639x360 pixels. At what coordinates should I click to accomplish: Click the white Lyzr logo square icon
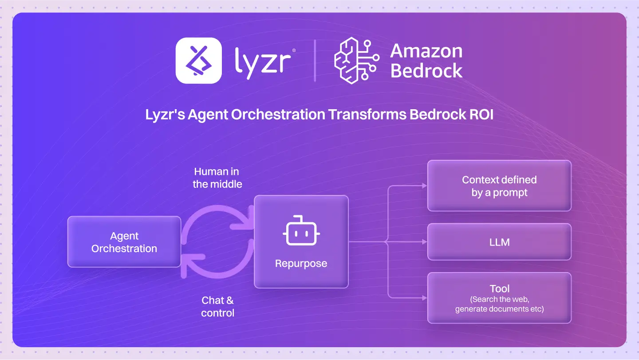(x=198, y=60)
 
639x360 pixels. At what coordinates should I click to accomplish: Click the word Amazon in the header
(x=426, y=51)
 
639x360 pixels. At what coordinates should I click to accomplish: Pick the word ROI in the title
(x=481, y=115)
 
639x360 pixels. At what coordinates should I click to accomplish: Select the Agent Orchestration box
(x=124, y=242)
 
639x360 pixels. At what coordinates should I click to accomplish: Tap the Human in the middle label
(x=217, y=178)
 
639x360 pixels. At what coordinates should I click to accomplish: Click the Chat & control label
(x=217, y=306)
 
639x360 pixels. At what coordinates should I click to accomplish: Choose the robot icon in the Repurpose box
(x=301, y=231)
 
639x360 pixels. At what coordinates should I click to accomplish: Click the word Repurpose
(x=301, y=263)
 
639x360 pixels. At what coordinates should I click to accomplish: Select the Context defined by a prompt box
(x=499, y=186)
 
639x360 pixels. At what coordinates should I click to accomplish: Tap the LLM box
(x=499, y=242)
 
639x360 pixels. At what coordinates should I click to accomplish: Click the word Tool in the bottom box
(x=500, y=289)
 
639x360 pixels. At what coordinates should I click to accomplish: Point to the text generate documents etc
(x=499, y=309)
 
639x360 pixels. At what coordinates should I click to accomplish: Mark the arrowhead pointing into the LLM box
(x=424, y=242)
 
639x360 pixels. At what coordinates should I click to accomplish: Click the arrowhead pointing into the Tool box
(x=424, y=297)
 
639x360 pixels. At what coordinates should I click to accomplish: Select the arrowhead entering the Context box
(x=424, y=186)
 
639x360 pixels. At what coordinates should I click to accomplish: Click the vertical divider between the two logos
(x=315, y=60)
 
